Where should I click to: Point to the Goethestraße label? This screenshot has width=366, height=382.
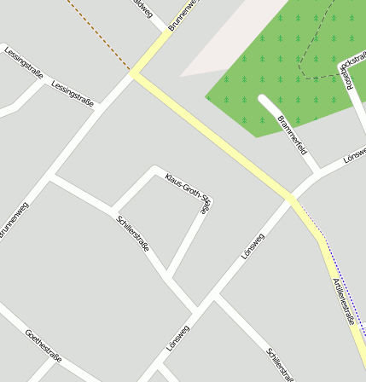[44, 345]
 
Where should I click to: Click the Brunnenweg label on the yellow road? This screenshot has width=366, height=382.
[183, 14]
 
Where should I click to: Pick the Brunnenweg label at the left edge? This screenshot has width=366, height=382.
[10, 221]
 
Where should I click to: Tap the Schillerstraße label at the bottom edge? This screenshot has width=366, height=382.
[280, 363]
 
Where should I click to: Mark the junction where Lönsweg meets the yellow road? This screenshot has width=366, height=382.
[291, 198]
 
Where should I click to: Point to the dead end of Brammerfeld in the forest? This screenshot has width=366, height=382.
[263, 99]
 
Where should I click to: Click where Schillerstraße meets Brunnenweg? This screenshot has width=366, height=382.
[50, 177]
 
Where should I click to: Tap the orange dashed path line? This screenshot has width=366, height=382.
[98, 34]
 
